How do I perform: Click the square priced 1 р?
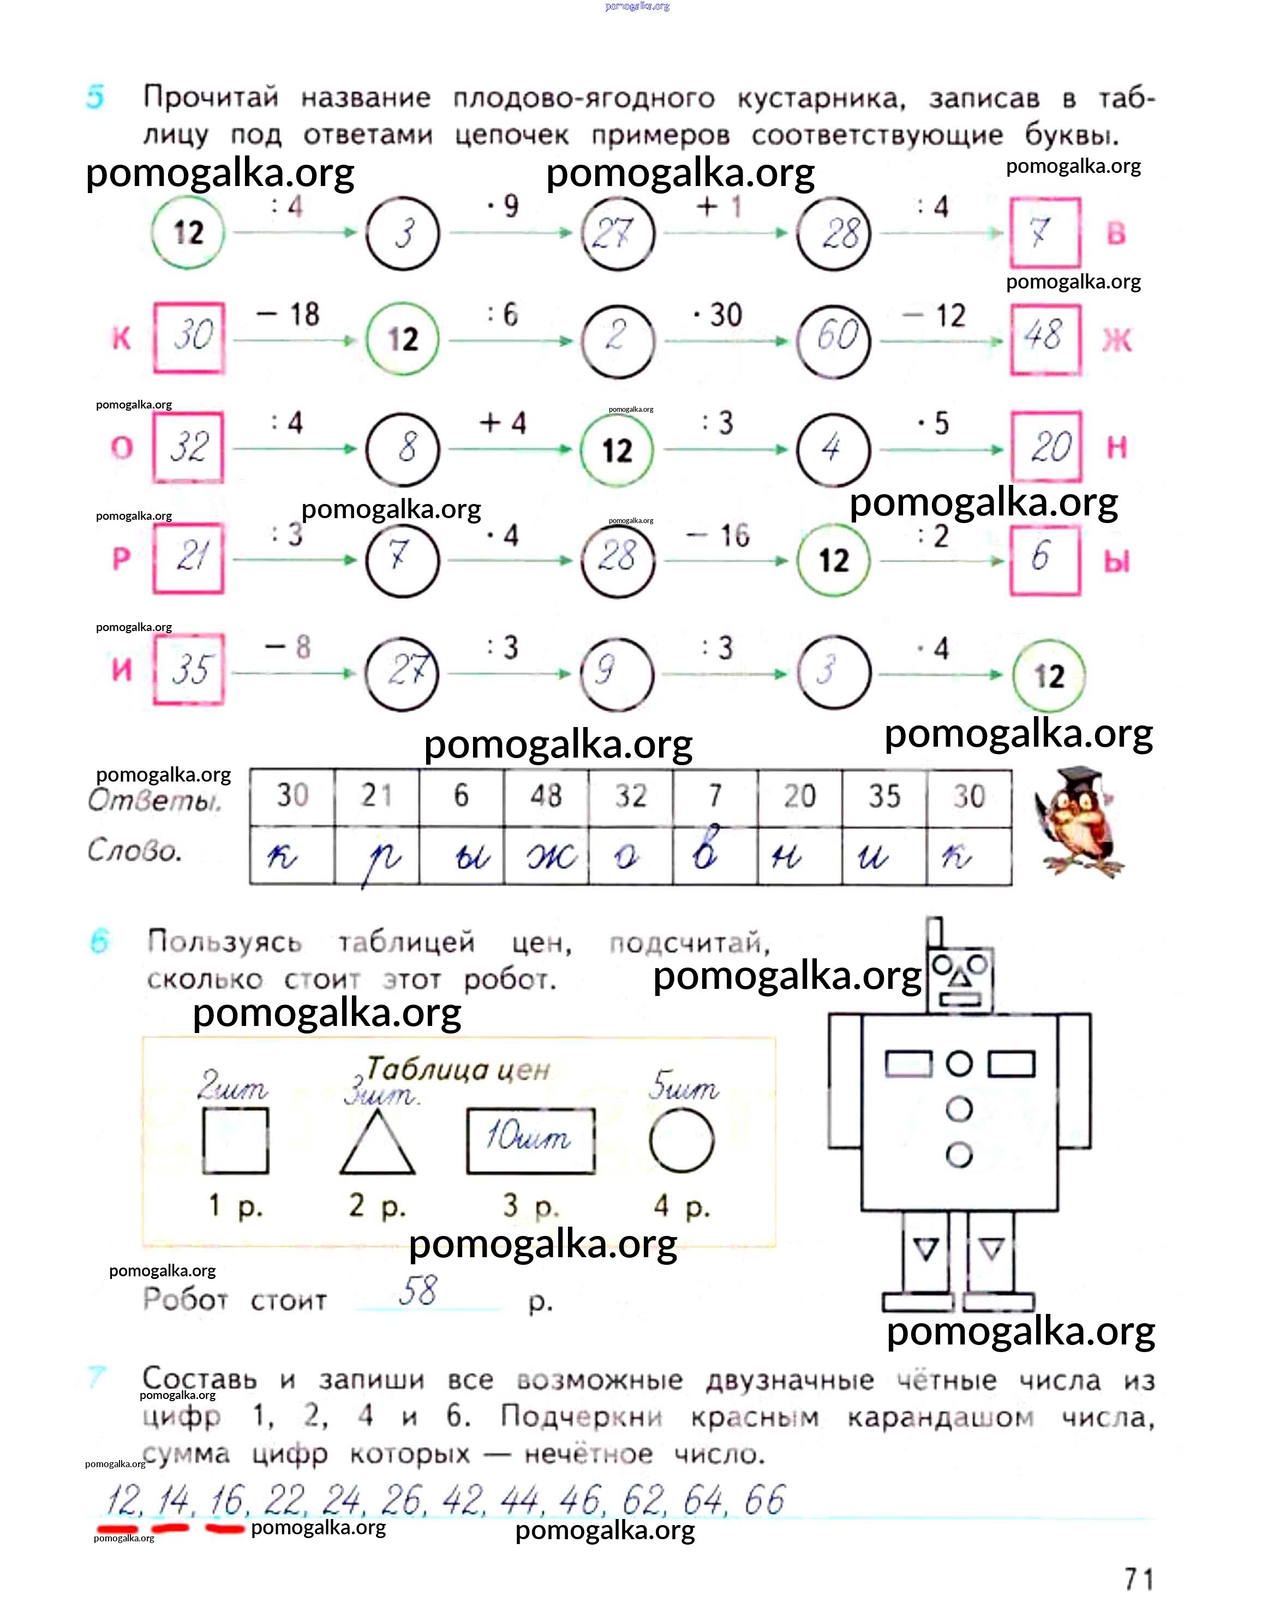[x=236, y=1141]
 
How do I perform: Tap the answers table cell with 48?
[x=546, y=796]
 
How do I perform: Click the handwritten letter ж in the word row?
[x=552, y=857]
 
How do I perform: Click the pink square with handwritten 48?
[x=1045, y=339]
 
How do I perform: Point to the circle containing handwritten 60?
[x=833, y=340]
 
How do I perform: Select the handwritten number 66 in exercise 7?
[x=764, y=1500]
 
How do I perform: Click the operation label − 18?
[x=289, y=315]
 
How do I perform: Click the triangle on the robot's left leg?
[x=926, y=1248]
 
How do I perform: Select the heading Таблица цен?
[x=457, y=1070]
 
